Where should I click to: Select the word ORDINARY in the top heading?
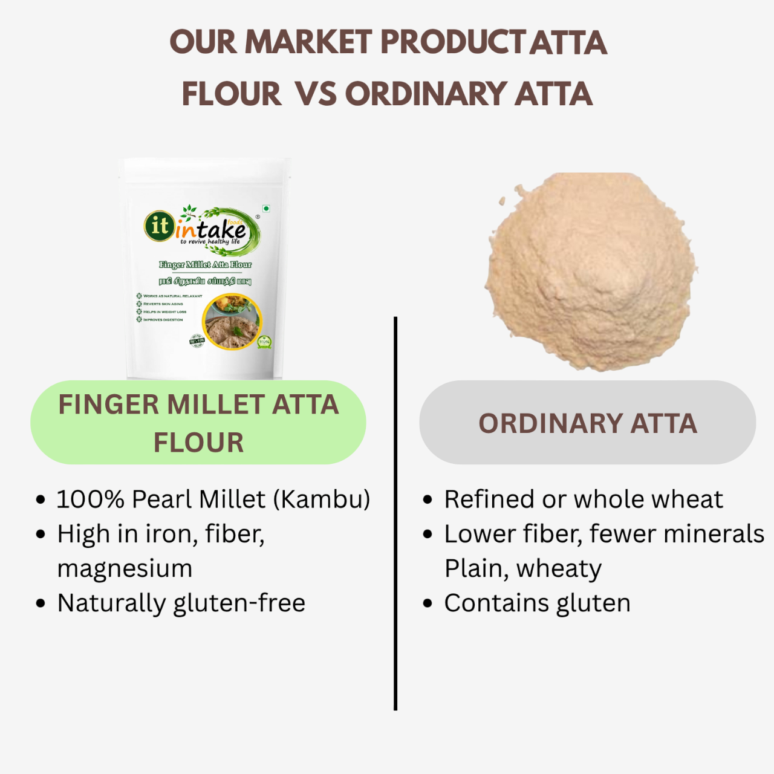click(426, 94)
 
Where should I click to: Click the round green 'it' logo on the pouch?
click(159, 226)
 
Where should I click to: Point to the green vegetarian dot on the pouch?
click(266, 209)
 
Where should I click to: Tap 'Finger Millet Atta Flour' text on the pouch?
click(205, 264)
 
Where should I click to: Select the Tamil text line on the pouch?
click(205, 281)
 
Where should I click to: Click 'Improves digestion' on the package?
click(163, 320)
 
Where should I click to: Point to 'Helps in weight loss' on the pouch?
click(164, 312)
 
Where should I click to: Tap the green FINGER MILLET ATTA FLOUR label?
click(198, 423)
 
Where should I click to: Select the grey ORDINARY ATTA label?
click(588, 423)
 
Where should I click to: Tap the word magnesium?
click(125, 568)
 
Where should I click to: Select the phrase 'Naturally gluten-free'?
click(181, 603)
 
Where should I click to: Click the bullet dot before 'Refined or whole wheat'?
click(428, 500)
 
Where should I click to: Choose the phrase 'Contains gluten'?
click(538, 603)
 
